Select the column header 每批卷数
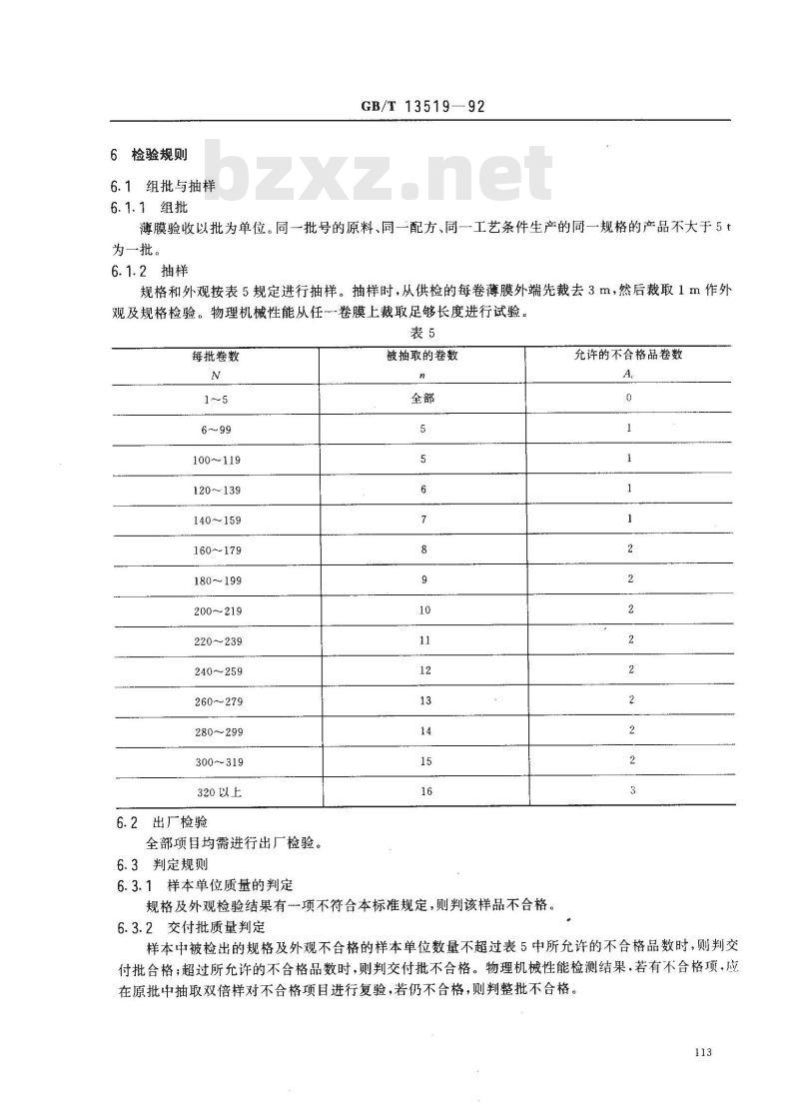[216, 356]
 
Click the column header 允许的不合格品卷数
[628, 355]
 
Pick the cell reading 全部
[422, 397]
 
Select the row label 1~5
[216, 398]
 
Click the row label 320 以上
[216, 792]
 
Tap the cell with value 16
[423, 791]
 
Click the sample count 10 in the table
[423, 609]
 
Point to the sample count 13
[423, 700]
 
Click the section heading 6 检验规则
[145, 155]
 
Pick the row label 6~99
[216, 429]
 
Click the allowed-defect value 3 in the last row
[630, 790]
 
